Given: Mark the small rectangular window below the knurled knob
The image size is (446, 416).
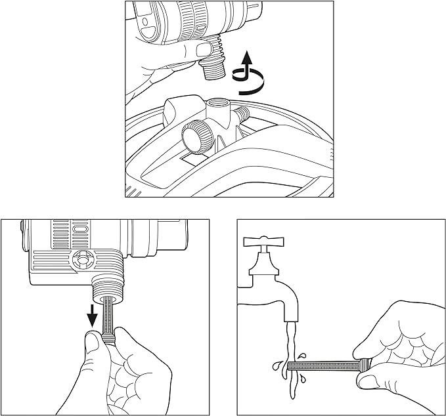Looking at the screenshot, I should [192, 159].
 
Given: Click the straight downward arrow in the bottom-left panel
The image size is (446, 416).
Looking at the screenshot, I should [93, 316].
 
